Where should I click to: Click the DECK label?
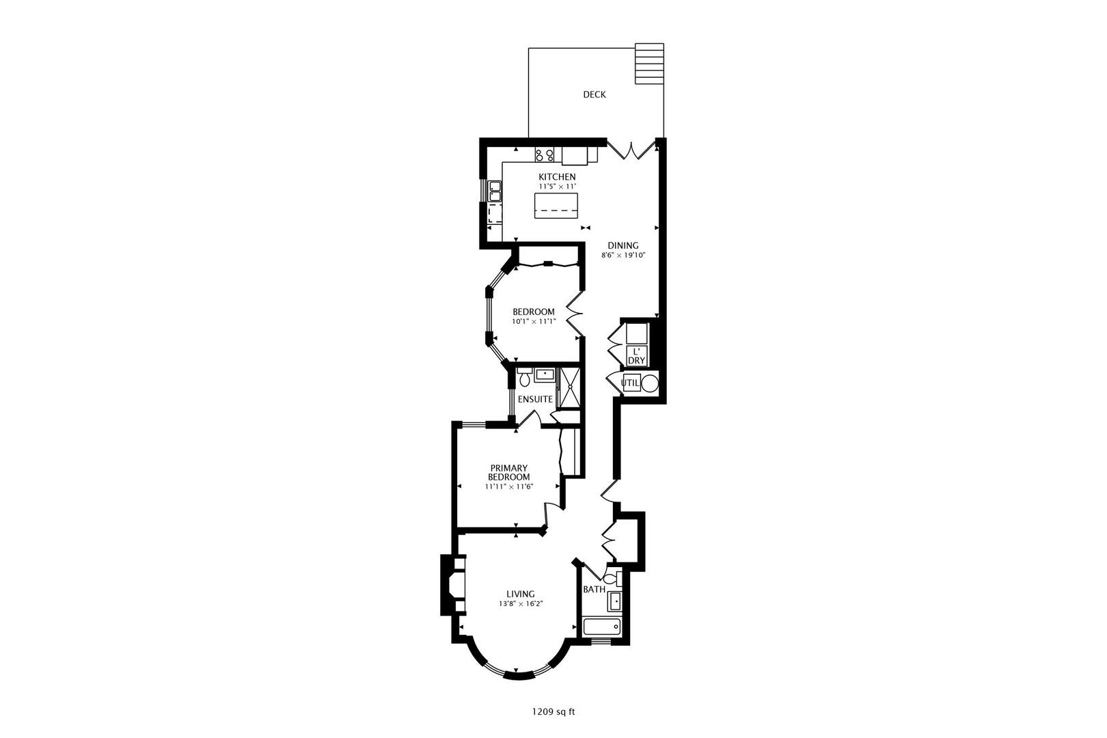point(594,94)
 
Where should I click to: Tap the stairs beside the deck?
point(649,64)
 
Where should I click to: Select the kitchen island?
point(556,206)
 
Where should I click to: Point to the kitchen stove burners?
point(544,155)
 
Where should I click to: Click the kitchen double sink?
point(495,191)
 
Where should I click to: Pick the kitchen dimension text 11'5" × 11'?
point(558,187)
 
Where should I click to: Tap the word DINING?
point(623,246)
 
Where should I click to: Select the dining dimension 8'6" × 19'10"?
point(623,256)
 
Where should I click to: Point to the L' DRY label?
point(637,356)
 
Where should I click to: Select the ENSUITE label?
point(535,399)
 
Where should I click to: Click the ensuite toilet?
point(525,377)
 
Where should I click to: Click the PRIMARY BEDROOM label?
point(509,473)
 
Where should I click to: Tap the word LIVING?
point(521,594)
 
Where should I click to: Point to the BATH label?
point(594,589)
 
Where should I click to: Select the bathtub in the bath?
point(602,627)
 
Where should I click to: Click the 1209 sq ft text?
point(553,712)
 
